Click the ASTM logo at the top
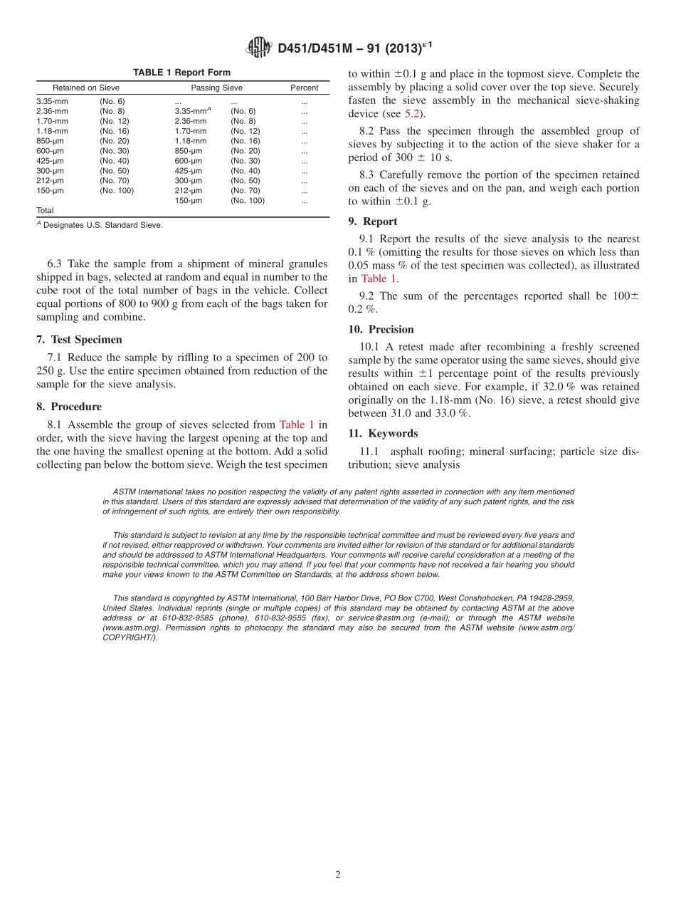tap(258, 48)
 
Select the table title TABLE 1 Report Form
tap(181, 73)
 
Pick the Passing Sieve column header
tap(216, 88)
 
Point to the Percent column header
tap(304, 88)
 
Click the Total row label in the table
tap(45, 211)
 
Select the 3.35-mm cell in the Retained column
tap(52, 101)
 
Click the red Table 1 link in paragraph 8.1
tap(297, 425)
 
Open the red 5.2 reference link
tap(411, 114)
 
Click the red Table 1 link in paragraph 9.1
tap(379, 279)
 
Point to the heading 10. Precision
tap(381, 329)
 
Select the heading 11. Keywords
tap(383, 433)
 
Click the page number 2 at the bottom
tap(338, 875)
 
